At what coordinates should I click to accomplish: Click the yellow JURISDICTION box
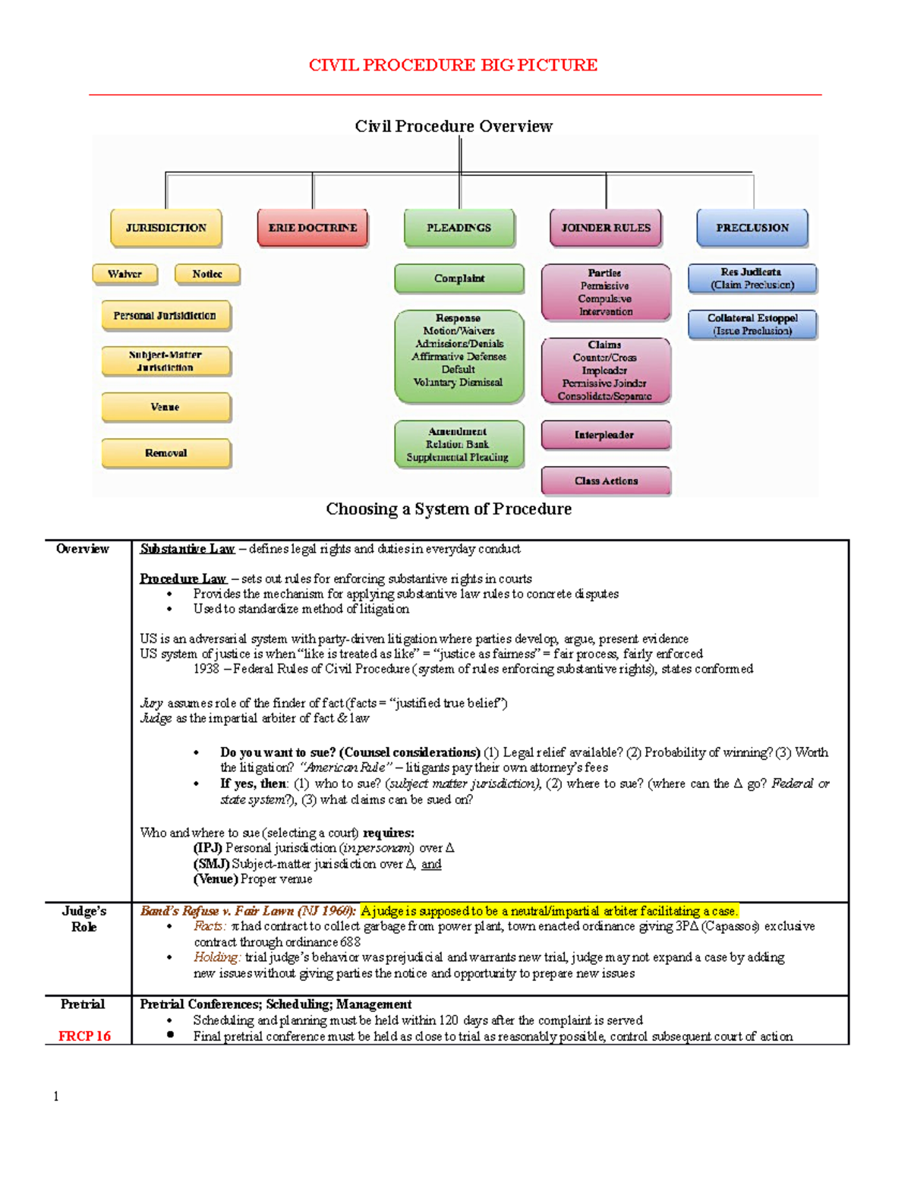(x=166, y=228)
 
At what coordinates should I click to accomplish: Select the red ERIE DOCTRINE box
(x=313, y=228)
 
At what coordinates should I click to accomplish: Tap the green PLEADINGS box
(x=459, y=228)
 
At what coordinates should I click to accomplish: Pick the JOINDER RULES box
(x=606, y=228)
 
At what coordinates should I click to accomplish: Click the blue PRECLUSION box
(x=752, y=228)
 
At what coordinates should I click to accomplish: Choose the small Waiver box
(x=125, y=274)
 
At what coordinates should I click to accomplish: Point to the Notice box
(x=207, y=274)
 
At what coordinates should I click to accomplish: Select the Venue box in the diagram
(x=165, y=407)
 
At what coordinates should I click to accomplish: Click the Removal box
(x=165, y=453)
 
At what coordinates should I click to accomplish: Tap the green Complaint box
(x=459, y=279)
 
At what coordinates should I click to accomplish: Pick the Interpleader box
(x=605, y=435)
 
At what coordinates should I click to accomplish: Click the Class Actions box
(x=606, y=481)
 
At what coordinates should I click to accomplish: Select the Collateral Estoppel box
(x=752, y=324)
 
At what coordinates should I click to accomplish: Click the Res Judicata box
(x=752, y=278)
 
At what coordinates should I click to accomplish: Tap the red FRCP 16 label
(x=84, y=1036)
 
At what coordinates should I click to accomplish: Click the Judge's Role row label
(x=84, y=919)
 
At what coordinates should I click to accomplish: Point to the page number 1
(x=55, y=1096)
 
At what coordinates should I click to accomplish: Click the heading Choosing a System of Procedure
(x=449, y=509)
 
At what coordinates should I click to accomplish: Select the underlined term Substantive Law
(x=188, y=549)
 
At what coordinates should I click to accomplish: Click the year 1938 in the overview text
(x=206, y=669)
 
